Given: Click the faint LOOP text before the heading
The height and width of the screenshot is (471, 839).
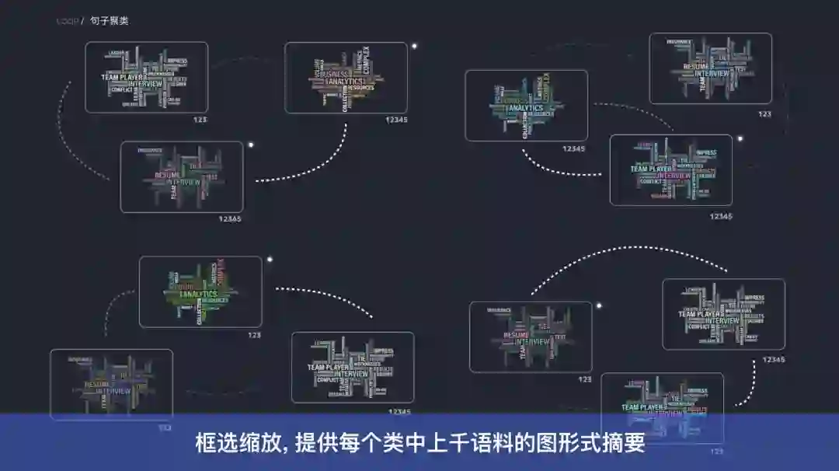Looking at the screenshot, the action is [x=67, y=21].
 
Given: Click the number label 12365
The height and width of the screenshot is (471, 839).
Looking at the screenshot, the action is [x=229, y=219].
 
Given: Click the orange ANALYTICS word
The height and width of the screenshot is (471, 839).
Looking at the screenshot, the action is [x=346, y=81].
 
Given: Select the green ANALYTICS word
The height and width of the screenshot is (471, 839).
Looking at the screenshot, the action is [x=199, y=295].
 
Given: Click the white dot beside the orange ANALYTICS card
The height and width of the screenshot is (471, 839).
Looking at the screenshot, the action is [x=414, y=46].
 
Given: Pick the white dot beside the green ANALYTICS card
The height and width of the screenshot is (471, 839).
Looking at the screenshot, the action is [x=270, y=260].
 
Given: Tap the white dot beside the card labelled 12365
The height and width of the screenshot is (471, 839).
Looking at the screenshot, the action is [x=250, y=145].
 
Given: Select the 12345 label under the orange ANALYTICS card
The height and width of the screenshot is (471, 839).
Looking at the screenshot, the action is [x=395, y=120].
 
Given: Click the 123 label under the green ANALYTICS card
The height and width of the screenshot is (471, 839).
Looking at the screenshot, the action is [x=254, y=335].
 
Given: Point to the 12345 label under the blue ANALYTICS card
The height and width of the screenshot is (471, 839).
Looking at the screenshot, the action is [x=573, y=148].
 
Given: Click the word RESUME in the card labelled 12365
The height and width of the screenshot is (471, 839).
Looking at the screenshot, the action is [x=167, y=175].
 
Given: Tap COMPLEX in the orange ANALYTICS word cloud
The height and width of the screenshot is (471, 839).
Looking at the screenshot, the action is [x=367, y=61].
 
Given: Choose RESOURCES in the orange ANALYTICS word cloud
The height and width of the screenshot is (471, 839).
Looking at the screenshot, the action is [x=360, y=88].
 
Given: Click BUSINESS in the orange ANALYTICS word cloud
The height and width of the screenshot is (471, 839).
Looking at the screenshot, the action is [x=335, y=74].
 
